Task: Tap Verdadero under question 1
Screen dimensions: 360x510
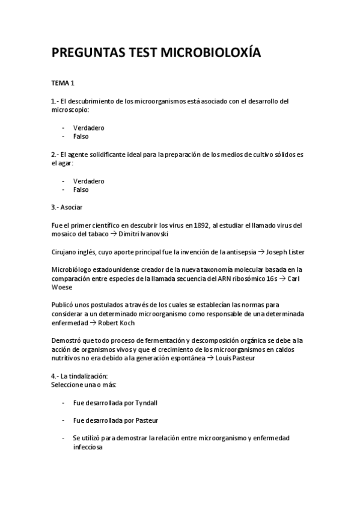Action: point(89,127)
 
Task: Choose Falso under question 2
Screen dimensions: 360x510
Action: point(81,189)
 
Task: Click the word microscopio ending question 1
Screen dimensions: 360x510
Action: point(69,109)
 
